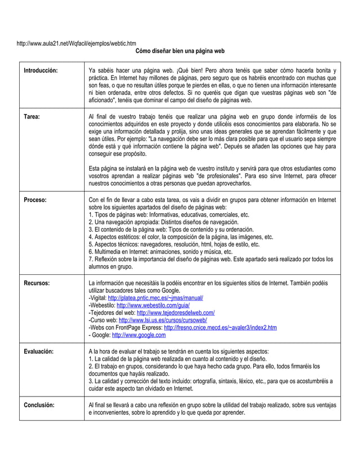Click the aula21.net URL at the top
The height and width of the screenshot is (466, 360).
click(76, 43)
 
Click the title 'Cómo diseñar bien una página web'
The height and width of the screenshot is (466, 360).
click(180, 51)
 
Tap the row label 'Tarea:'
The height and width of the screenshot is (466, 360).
click(31, 116)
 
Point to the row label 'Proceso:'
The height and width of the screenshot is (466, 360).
click(35, 200)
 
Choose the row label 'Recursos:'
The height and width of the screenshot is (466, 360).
click(37, 282)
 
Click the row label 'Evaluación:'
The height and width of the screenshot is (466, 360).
click(38, 351)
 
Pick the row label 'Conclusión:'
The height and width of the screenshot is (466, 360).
click(39, 405)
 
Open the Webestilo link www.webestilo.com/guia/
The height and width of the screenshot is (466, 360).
click(156, 305)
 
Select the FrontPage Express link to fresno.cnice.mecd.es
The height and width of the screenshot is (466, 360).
click(220, 327)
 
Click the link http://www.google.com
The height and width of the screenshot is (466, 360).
click(139, 335)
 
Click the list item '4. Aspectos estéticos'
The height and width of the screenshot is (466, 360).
click(181, 237)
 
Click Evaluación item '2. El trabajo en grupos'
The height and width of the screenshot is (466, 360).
click(203, 366)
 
